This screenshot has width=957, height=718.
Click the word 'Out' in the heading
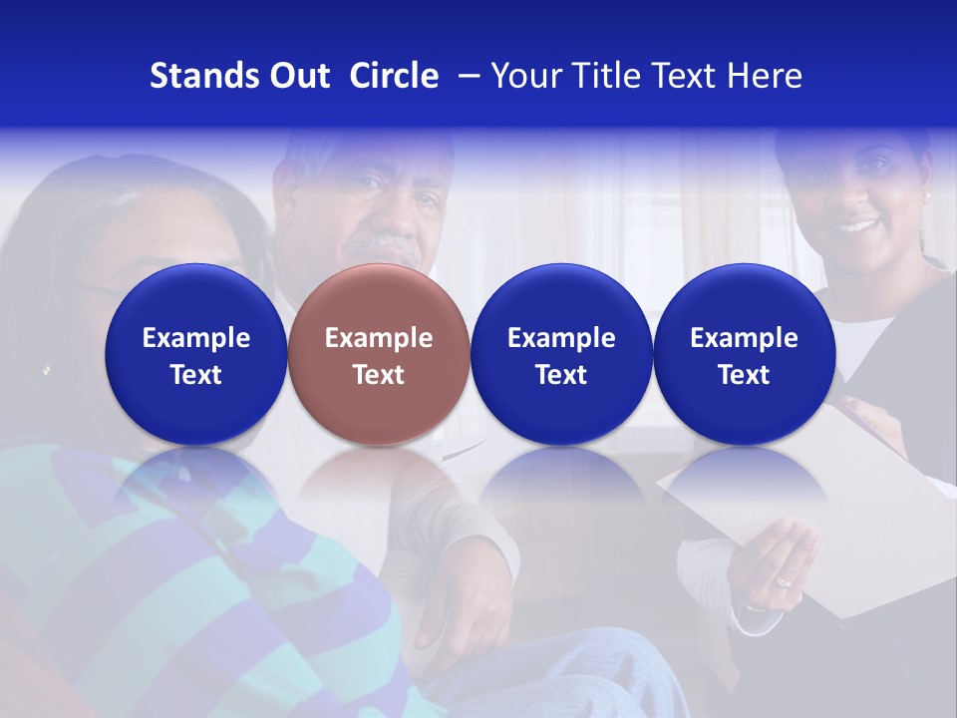click(x=298, y=76)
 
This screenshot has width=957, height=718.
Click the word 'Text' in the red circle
click(x=379, y=375)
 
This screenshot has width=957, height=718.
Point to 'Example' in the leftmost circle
click(x=196, y=338)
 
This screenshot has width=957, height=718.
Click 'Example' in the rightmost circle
click(x=744, y=338)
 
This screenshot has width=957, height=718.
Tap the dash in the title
click(x=465, y=76)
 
